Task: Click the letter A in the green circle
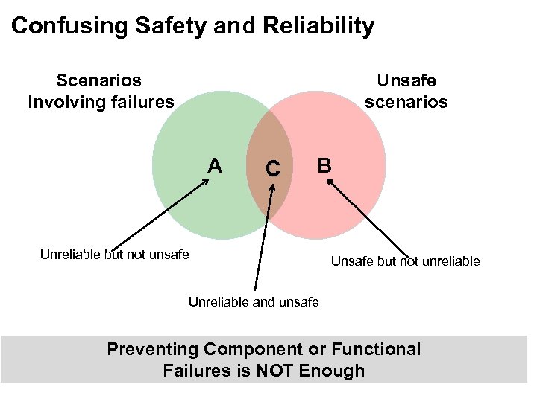(x=215, y=165)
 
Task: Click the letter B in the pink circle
(x=324, y=165)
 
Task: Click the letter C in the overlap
(x=273, y=170)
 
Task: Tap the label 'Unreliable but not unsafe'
(x=115, y=255)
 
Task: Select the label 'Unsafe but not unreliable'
(x=406, y=261)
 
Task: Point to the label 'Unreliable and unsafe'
(x=254, y=301)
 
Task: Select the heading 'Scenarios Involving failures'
(x=101, y=90)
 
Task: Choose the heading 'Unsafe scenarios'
(x=406, y=90)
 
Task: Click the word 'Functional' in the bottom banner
(x=377, y=349)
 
